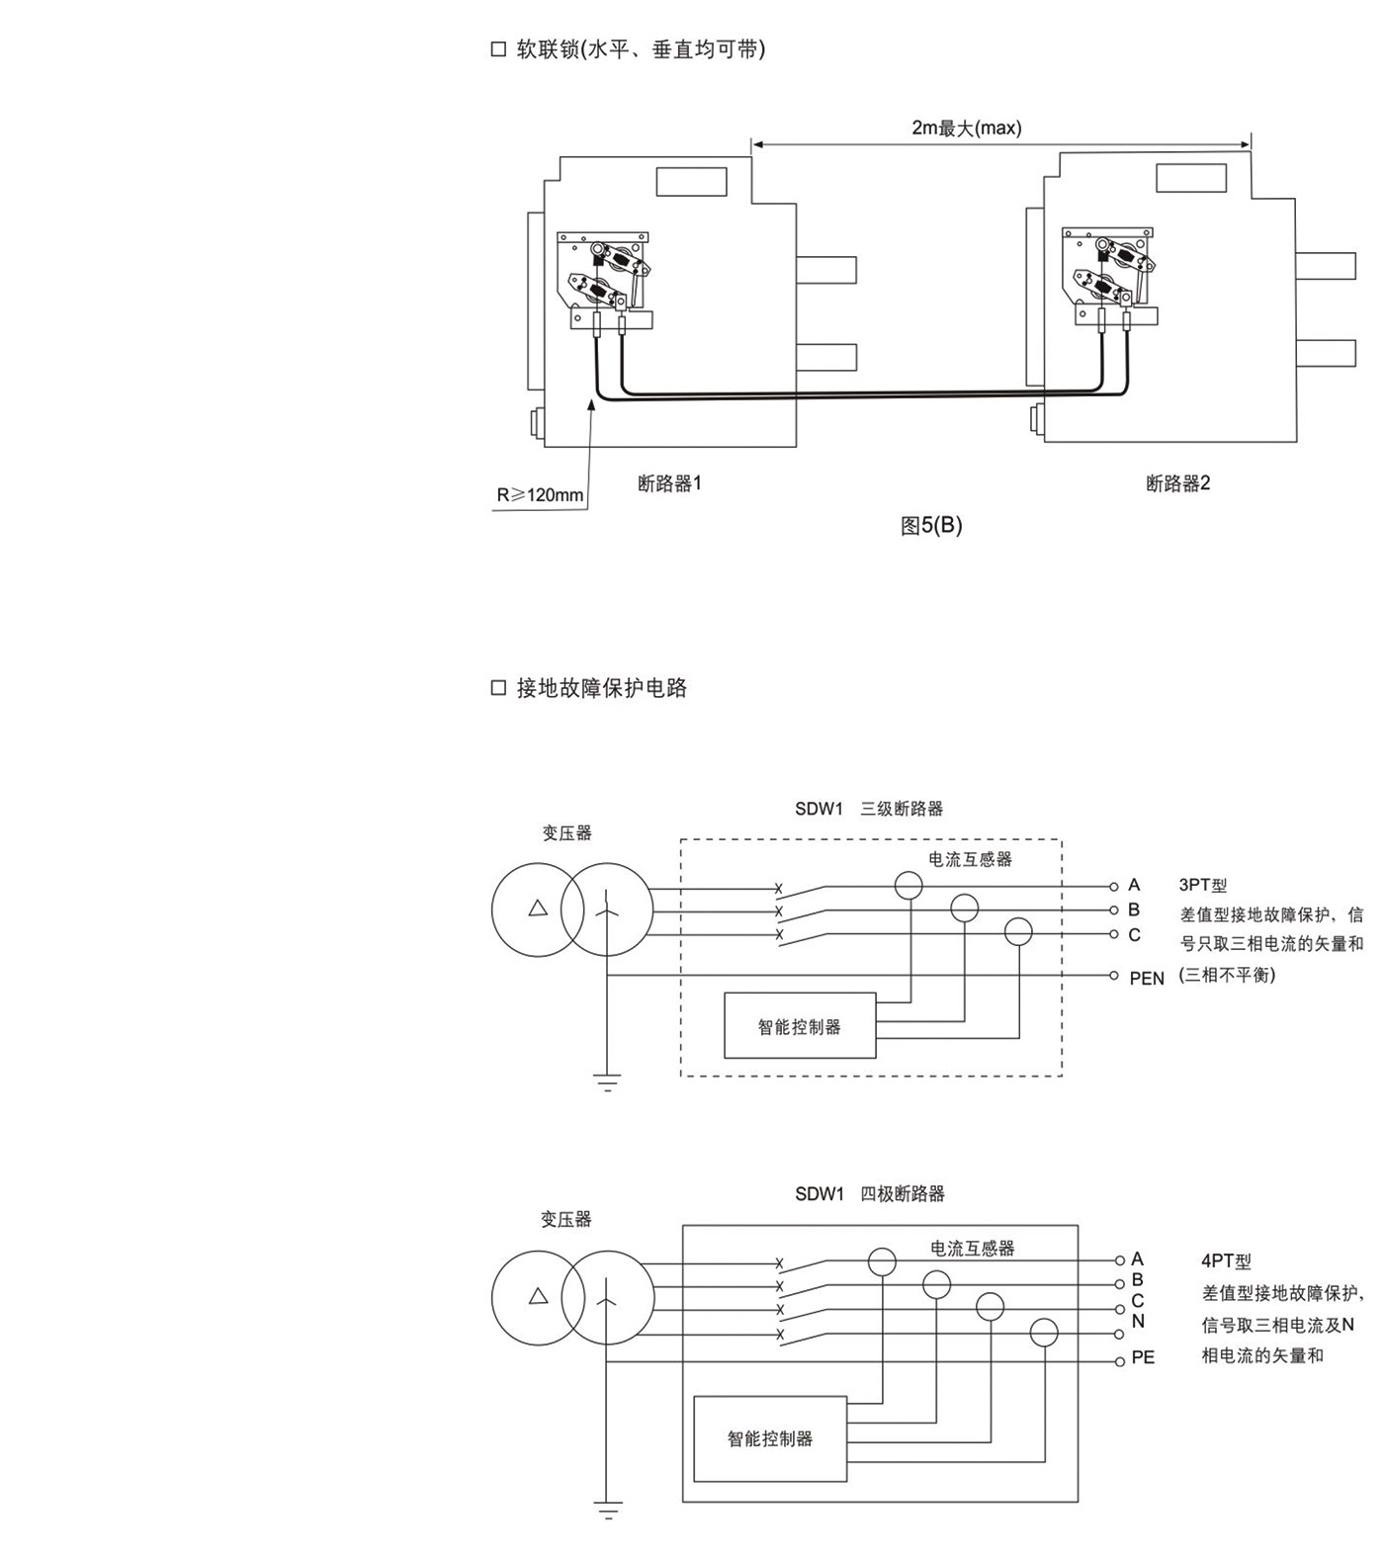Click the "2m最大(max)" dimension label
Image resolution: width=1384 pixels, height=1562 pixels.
966,128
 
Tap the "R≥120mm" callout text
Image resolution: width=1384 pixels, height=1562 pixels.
540,494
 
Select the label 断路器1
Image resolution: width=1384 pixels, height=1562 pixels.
669,483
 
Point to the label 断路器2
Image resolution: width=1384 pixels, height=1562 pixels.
1177,483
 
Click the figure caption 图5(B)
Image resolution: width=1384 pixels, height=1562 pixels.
930,526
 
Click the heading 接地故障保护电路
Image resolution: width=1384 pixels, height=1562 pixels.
601,688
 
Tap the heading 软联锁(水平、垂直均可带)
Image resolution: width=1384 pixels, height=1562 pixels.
640,49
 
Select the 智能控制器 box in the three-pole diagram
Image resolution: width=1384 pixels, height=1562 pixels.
799,1026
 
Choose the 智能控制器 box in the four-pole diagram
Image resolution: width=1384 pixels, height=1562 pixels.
769,1438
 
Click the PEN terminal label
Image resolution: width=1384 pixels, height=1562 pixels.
1147,978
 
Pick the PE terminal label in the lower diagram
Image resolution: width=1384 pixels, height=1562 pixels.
1143,1358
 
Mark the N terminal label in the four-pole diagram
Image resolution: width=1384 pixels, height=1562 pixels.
1138,1321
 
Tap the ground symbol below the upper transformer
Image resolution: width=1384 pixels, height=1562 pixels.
607,1082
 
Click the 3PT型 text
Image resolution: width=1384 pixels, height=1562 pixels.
1202,886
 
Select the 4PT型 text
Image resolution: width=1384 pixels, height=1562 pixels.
1226,1261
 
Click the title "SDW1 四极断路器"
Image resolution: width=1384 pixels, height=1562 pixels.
869,1194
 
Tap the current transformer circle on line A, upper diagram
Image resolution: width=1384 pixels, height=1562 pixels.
908,885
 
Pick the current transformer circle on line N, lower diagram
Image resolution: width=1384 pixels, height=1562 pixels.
1044,1333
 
